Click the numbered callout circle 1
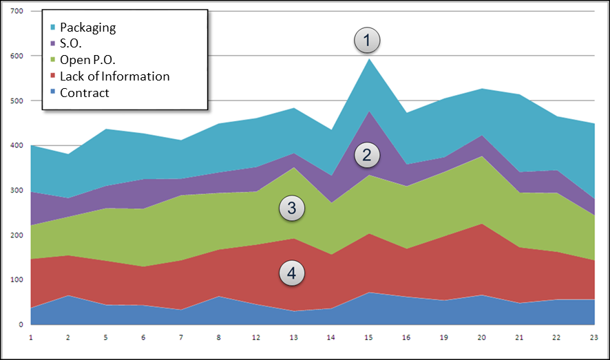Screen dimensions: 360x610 click(367, 41)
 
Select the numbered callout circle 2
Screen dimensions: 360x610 click(367, 156)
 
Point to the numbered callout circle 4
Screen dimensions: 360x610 click(292, 273)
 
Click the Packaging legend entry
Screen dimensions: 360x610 click(87, 28)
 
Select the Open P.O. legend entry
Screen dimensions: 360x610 click(86, 60)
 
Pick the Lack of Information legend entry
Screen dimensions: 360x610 click(114, 76)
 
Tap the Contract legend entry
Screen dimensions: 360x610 click(84, 93)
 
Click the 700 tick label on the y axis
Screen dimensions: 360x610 click(17, 12)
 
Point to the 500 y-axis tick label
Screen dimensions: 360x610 click(17, 101)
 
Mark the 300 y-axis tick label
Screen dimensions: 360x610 click(17, 191)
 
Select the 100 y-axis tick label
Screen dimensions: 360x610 click(17, 280)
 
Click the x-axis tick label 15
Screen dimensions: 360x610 click(369, 337)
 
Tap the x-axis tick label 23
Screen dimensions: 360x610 click(593, 337)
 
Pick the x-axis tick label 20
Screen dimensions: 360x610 click(481, 337)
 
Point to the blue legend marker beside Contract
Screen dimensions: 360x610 click(53, 93)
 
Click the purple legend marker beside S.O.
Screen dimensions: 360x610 click(53, 44)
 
